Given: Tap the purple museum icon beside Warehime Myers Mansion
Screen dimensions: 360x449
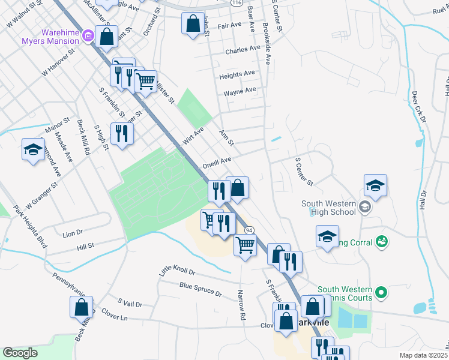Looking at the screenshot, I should tap(89, 37).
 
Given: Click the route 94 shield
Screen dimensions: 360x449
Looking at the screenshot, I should tap(249, 230).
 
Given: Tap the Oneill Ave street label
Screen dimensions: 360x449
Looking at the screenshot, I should tap(217, 161).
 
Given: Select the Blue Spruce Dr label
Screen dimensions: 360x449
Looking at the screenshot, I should tap(200, 290).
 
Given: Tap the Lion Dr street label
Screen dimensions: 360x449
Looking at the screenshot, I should tap(72, 232).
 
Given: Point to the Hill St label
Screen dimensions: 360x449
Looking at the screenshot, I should tap(85, 246).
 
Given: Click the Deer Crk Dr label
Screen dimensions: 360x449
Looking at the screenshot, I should tap(418, 107).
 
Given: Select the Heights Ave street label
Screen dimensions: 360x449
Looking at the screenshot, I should tap(237, 74).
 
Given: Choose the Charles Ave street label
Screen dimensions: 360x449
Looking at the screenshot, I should tap(243, 51).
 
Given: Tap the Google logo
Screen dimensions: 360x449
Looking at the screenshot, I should tap(20, 353).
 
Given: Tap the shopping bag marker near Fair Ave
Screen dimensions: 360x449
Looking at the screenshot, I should tap(192, 25).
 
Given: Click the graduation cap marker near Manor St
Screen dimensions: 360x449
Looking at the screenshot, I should tap(33, 149).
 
